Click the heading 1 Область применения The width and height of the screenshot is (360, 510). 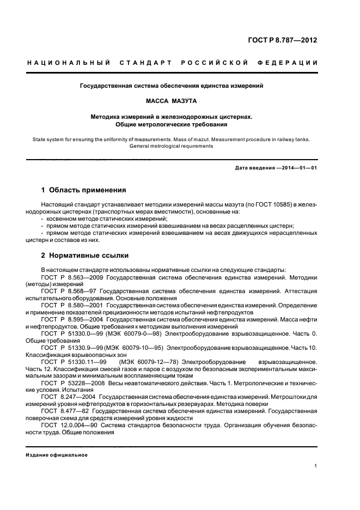tap(84, 190)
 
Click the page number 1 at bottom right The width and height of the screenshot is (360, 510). tap(316, 466)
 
